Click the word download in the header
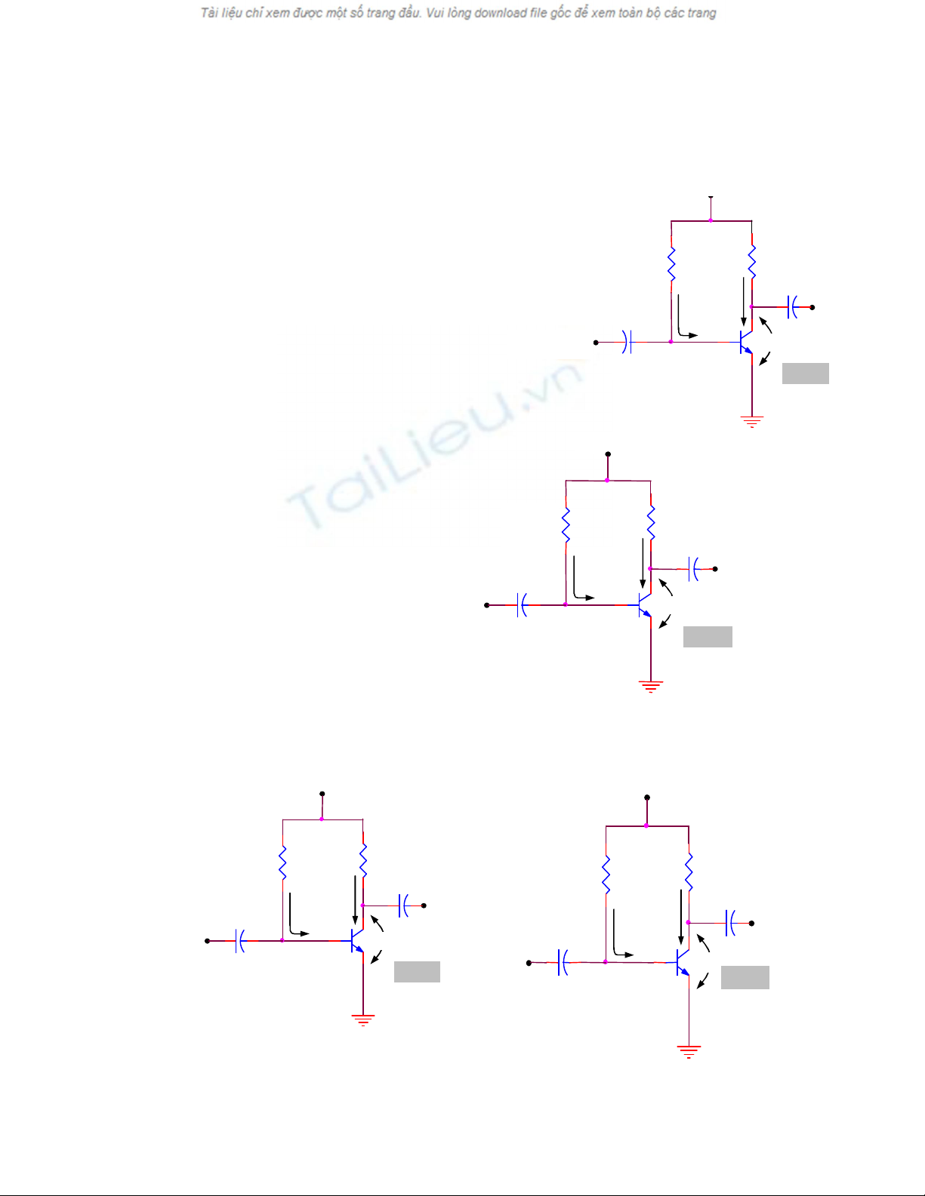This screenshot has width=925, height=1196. click(x=501, y=13)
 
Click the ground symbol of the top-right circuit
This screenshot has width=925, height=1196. click(x=751, y=421)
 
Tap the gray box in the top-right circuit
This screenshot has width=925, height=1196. click(x=805, y=374)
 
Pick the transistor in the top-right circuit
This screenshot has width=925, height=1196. click(x=745, y=342)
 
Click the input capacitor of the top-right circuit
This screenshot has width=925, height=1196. click(x=627, y=342)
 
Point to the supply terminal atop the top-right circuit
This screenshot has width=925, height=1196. click(x=711, y=198)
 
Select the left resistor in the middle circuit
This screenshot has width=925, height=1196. click(x=566, y=525)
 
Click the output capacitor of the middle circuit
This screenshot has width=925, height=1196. click(x=694, y=569)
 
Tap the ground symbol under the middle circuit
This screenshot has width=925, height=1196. click(x=650, y=686)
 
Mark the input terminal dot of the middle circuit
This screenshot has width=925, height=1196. click(x=487, y=605)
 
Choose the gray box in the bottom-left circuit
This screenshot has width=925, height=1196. click(x=417, y=972)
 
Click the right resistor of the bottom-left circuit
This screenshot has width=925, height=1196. click(x=363, y=861)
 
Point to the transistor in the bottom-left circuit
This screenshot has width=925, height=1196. click(x=357, y=941)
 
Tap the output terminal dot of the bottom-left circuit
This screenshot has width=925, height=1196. click(x=424, y=905)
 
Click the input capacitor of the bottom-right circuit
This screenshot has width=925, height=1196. click(x=563, y=962)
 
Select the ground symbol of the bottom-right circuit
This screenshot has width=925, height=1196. click(x=689, y=1051)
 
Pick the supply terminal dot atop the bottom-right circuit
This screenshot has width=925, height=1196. click(x=647, y=798)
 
